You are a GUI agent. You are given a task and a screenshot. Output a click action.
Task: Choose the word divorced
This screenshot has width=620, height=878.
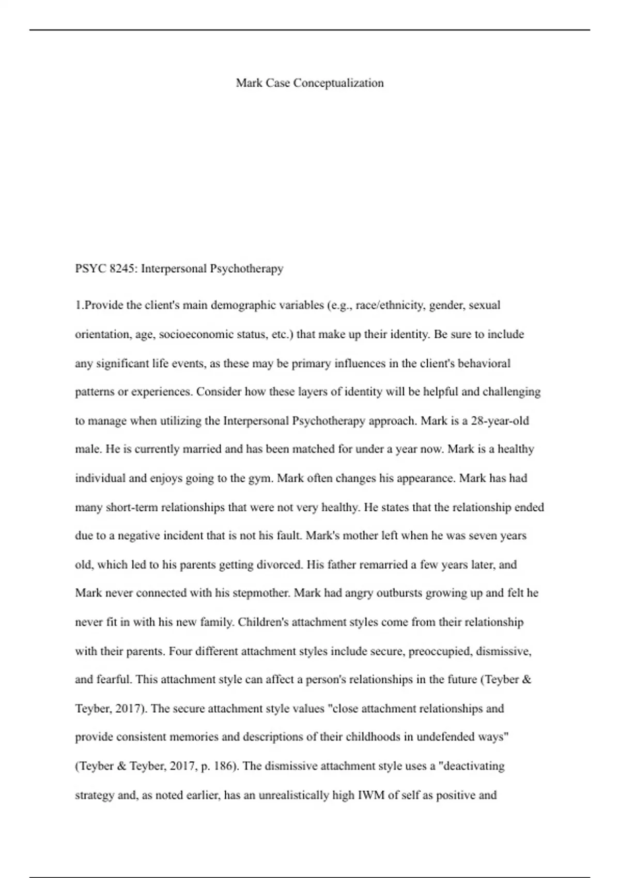[272, 565]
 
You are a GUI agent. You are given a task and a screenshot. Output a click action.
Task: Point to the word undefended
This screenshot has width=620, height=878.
[445, 737]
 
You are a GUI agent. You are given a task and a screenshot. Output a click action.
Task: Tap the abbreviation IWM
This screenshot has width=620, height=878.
[371, 795]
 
